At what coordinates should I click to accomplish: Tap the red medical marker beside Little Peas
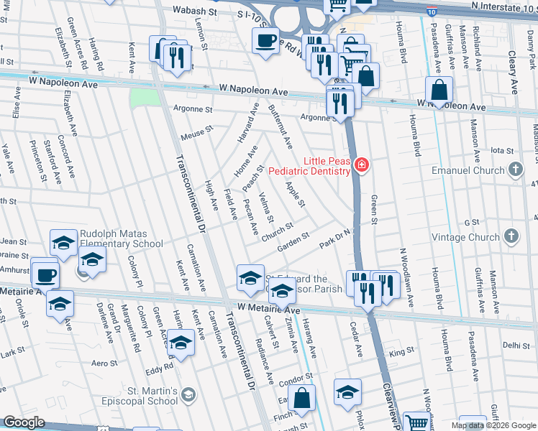coord(361,167)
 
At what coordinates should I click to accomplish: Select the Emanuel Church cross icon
coord(514,170)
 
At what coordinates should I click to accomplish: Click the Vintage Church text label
coord(465,237)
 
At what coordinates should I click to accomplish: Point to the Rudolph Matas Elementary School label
coord(122,238)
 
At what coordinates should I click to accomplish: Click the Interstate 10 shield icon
coord(430,12)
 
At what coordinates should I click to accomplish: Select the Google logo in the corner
coord(24,422)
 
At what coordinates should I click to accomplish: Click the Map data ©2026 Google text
coord(493,425)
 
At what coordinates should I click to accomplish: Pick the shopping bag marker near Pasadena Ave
coord(439,91)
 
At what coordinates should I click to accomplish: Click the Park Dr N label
coord(334,236)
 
